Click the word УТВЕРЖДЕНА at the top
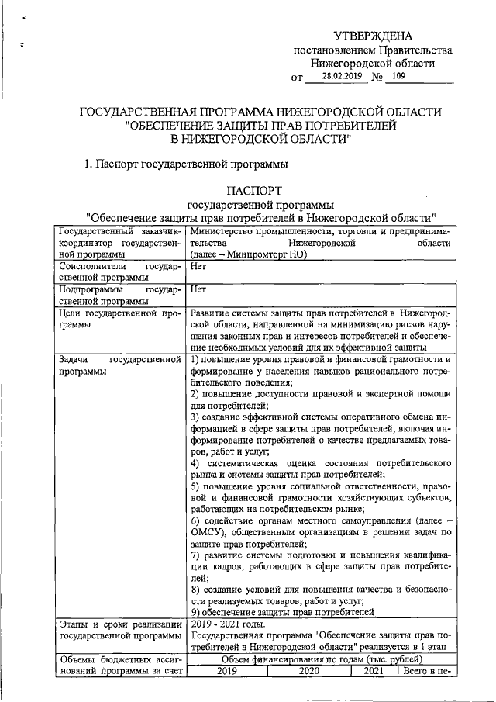click(x=373, y=36)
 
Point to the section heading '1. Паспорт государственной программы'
click(x=186, y=164)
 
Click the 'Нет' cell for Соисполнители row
click(x=198, y=266)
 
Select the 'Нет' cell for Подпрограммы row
click(x=198, y=289)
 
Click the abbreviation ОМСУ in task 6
click(x=208, y=533)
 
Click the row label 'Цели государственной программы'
click(x=119, y=318)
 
